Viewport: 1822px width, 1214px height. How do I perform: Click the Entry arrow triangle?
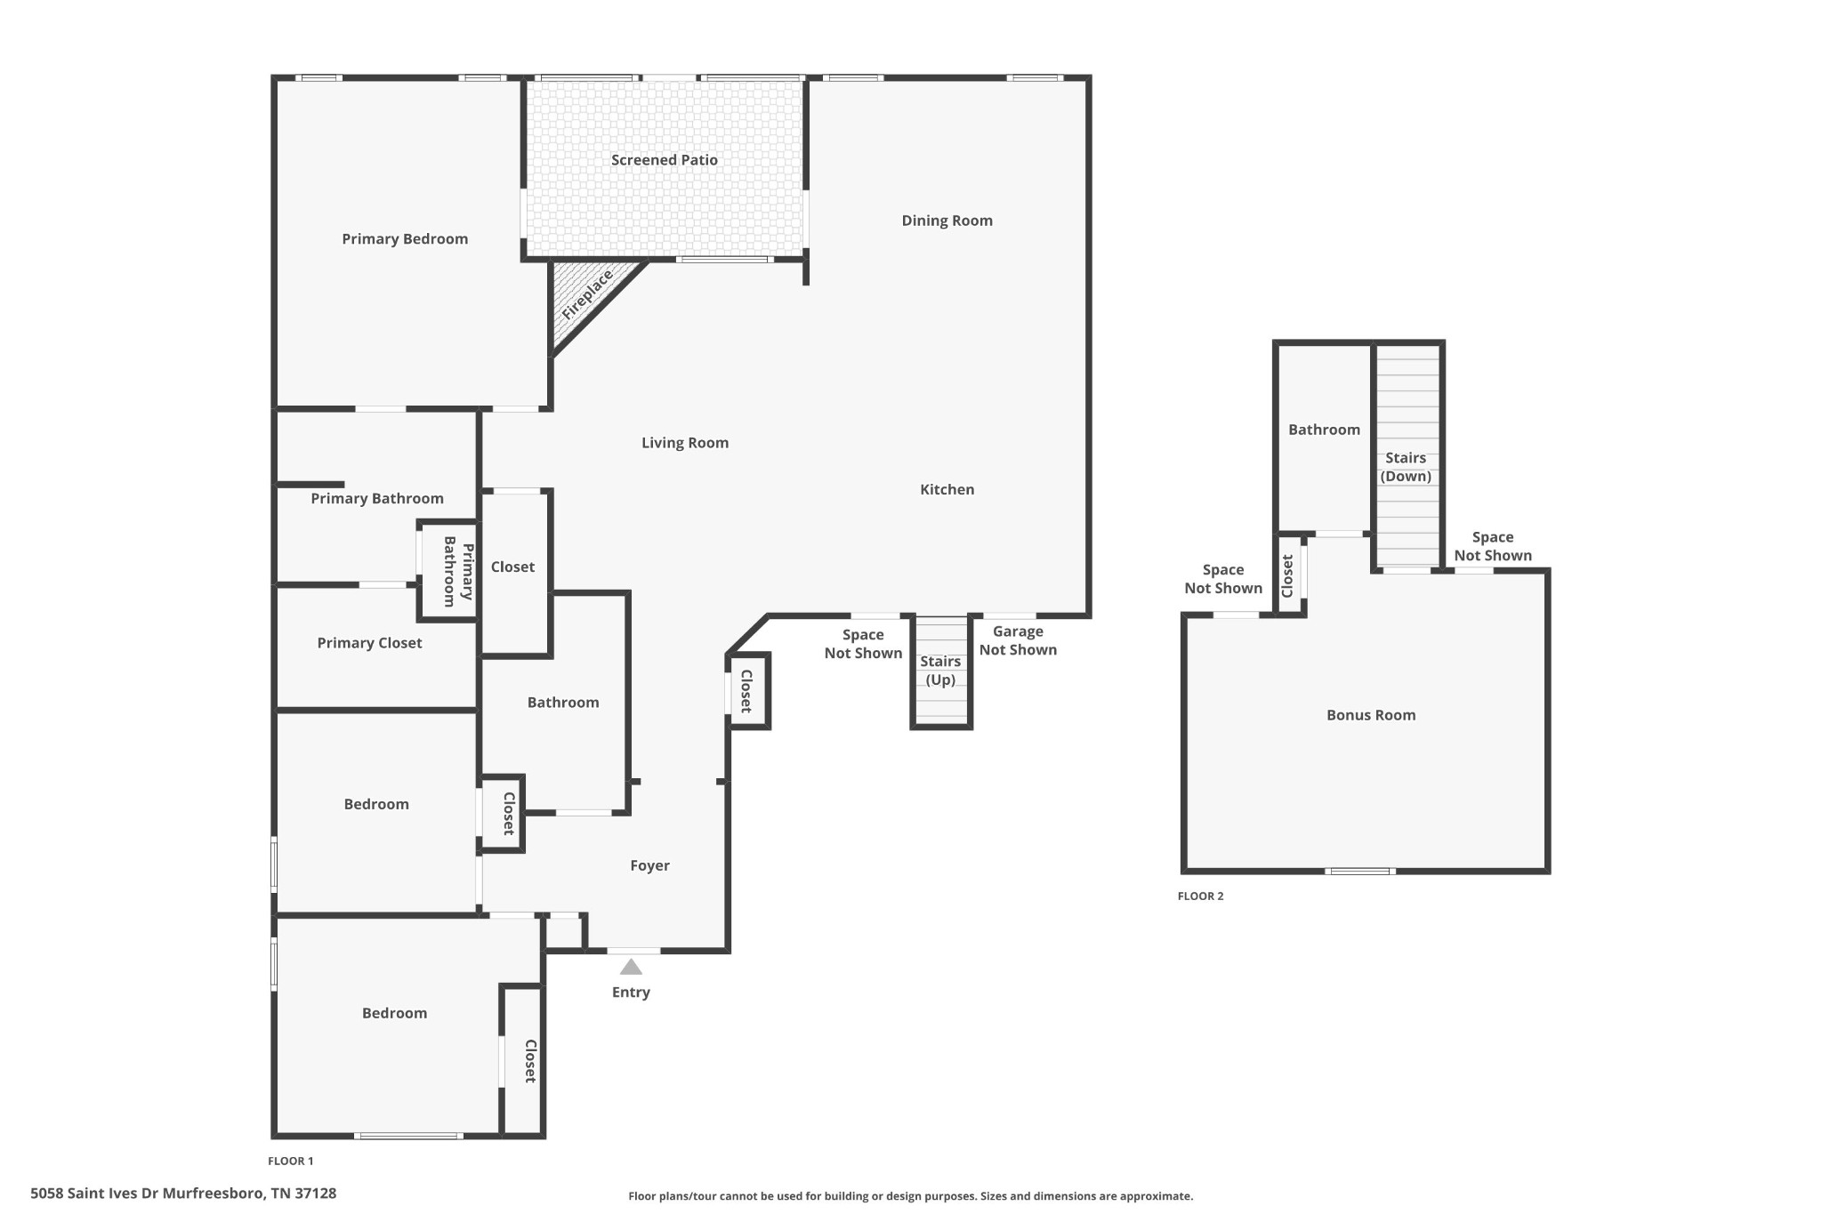(x=631, y=967)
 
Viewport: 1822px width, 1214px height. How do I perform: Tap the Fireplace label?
(x=587, y=294)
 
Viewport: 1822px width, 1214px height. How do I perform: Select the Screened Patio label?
(x=664, y=160)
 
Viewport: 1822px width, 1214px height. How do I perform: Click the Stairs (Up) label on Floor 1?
(x=940, y=671)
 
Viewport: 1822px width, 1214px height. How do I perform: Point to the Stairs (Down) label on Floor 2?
(x=1406, y=467)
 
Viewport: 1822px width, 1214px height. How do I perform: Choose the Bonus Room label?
(x=1370, y=715)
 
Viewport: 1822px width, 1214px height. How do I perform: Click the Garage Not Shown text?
(x=1018, y=640)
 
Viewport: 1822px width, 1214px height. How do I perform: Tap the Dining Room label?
(x=947, y=221)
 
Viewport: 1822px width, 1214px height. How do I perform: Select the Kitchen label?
(x=947, y=489)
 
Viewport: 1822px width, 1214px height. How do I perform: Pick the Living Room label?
(x=685, y=443)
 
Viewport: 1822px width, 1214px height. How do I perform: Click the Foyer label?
(x=649, y=865)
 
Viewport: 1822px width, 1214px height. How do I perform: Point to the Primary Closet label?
(x=369, y=643)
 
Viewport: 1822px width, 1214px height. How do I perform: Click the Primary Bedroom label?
(x=405, y=239)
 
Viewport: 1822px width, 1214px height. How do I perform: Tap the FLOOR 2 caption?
(x=1200, y=896)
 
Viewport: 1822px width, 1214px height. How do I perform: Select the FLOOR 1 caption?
(x=291, y=1161)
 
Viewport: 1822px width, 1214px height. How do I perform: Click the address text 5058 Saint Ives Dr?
(x=183, y=1194)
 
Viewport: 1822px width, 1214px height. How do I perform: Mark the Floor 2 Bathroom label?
(x=1324, y=430)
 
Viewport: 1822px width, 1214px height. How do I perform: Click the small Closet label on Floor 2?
(x=1287, y=576)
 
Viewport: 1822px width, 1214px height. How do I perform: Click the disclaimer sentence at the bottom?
(x=910, y=1196)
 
